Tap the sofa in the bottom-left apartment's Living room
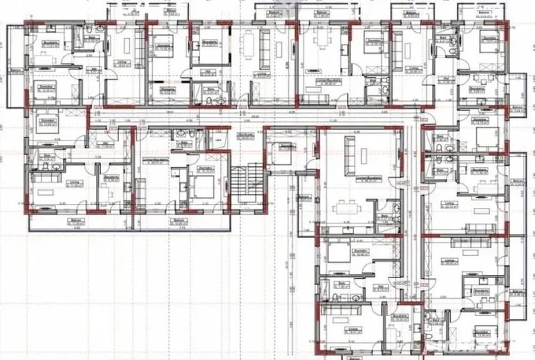[x=48, y=194]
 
